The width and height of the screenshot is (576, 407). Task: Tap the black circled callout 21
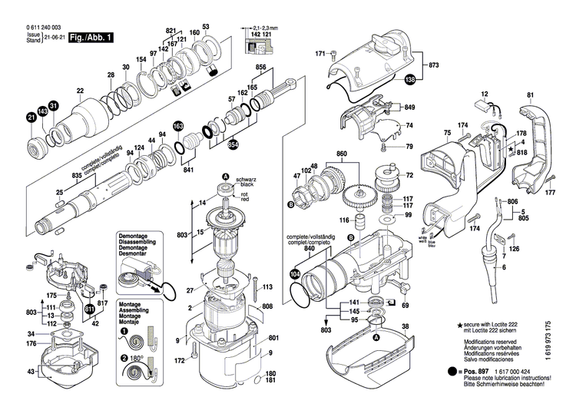pos(31,117)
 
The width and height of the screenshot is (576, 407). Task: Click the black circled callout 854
pos(233,144)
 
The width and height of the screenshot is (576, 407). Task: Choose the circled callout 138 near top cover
pos(410,78)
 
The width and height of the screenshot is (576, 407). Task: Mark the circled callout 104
pos(296,273)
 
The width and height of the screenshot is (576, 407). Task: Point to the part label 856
pos(260,68)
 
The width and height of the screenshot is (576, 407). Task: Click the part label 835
pos(77,177)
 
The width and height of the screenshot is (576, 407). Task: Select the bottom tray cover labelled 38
pos(369,361)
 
